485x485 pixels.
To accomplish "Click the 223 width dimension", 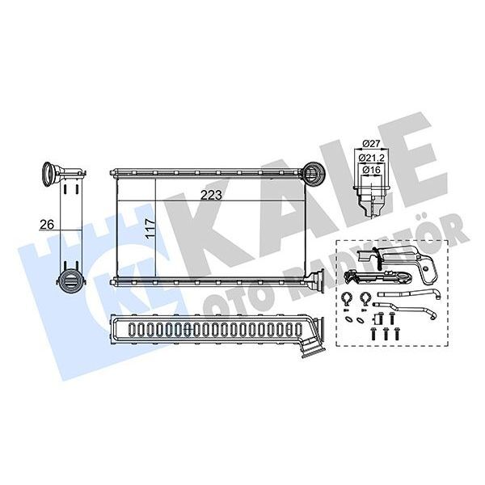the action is pos(211,195).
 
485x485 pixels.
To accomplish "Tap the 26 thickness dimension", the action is pos(47,224).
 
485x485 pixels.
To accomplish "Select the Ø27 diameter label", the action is pos(371,144).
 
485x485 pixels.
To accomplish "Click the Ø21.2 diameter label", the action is pos(372,158).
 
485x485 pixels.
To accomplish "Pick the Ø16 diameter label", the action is pos(372,170).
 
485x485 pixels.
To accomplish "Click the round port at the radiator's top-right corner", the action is pos(312,173).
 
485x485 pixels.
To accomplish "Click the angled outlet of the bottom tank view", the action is pos(313,347).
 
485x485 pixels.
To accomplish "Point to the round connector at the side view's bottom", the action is pos(70,280).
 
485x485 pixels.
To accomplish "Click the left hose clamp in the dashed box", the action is pos(346,300).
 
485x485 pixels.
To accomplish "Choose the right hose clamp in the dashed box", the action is pos(365,300).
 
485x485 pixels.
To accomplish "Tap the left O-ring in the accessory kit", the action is pos(348,319).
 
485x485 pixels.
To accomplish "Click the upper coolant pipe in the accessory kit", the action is pos(408,295).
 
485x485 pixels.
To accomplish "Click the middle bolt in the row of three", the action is pos(386,334).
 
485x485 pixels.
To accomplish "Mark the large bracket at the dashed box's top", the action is pos(398,259).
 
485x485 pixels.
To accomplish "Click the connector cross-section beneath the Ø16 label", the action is pos(370,198).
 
